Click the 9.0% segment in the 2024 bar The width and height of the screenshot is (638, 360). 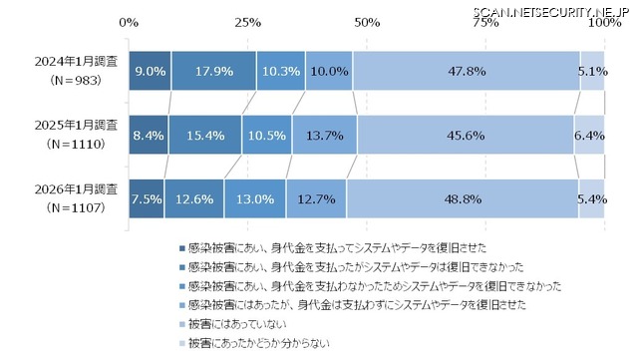(x=150, y=72)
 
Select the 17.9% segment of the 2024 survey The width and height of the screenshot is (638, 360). (x=213, y=72)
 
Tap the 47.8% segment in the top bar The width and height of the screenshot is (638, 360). (x=467, y=72)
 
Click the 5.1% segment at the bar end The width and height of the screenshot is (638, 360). (x=592, y=72)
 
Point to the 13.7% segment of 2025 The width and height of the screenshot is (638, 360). (x=324, y=135)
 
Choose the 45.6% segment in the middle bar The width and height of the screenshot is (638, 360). (x=465, y=135)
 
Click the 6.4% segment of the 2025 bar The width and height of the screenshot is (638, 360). (x=589, y=135)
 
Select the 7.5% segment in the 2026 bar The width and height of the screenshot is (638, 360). (x=147, y=197)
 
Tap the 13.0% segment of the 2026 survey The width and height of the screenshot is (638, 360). (x=255, y=197)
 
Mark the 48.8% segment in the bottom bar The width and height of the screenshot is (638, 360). (x=462, y=197)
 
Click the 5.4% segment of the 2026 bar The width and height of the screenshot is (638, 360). (x=591, y=197)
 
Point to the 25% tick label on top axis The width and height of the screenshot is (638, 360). (x=248, y=21)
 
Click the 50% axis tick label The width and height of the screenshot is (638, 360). (x=367, y=21)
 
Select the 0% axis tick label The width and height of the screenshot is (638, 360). (x=130, y=21)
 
